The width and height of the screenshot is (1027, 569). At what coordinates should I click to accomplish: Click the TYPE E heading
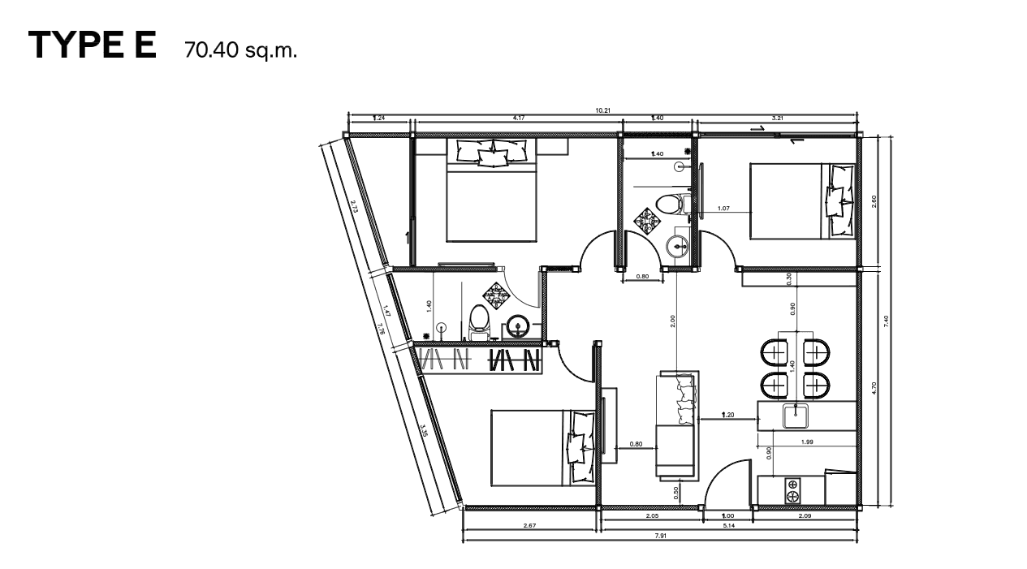(x=92, y=45)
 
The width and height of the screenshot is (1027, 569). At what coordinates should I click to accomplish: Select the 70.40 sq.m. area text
(x=241, y=50)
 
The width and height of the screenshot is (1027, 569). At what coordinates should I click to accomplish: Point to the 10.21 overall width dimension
(x=602, y=110)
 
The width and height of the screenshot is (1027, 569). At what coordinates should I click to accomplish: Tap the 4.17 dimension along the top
(x=518, y=119)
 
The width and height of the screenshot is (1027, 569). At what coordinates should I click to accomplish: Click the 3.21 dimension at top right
(x=777, y=119)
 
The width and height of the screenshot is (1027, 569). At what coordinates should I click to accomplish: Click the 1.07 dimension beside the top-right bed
(x=724, y=209)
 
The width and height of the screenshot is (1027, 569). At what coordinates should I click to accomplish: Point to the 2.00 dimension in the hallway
(x=673, y=321)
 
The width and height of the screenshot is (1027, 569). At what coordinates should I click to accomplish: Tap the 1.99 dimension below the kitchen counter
(x=807, y=442)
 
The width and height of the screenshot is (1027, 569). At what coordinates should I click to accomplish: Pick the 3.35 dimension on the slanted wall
(x=424, y=430)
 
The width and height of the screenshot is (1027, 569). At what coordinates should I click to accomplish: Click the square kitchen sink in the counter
(x=796, y=416)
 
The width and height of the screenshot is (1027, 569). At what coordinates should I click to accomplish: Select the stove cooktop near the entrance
(x=792, y=490)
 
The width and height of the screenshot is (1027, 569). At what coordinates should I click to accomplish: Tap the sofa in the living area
(x=675, y=425)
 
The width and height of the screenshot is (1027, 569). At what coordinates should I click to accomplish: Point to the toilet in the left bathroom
(x=478, y=320)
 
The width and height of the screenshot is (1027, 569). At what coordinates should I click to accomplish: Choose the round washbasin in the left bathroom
(x=517, y=327)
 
